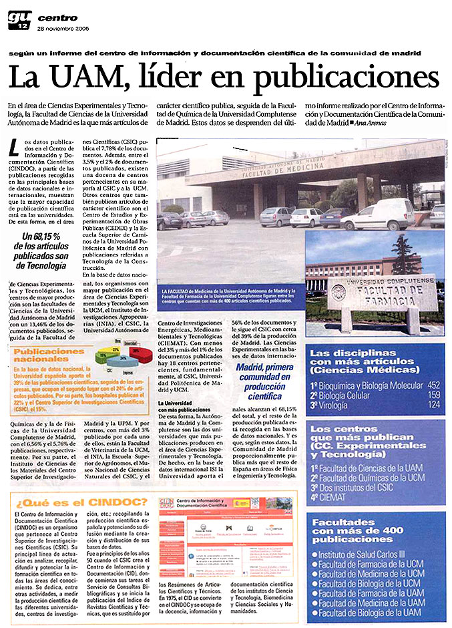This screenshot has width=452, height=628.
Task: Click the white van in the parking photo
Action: coord(378,214)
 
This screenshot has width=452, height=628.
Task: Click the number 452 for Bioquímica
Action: coord(433,385)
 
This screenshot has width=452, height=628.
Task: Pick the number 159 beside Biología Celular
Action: coord(433,395)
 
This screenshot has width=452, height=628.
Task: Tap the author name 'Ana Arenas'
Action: coord(375,123)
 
